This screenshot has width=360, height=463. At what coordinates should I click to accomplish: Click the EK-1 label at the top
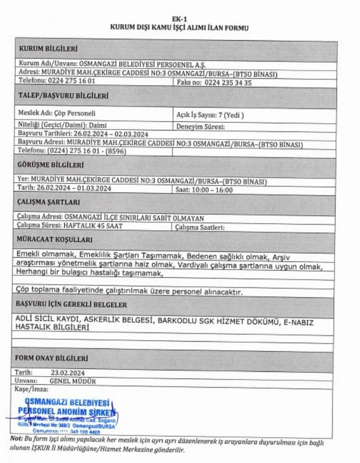pyautogui.click(x=180, y=20)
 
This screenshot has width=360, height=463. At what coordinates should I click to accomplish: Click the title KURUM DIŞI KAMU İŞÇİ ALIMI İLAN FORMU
pyautogui.click(x=180, y=28)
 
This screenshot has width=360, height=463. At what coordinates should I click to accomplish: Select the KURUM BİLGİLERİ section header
pyautogui.click(x=48, y=49)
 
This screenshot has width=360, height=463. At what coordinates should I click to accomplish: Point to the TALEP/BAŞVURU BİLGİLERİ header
pyautogui.click(x=63, y=95)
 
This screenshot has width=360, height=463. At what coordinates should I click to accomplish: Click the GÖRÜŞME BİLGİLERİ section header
pyautogui.click(x=51, y=165)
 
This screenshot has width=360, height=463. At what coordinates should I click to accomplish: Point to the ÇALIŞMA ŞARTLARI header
pyautogui.click(x=48, y=202)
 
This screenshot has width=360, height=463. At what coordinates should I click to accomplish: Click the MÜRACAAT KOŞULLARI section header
pyautogui.click(x=54, y=239)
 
